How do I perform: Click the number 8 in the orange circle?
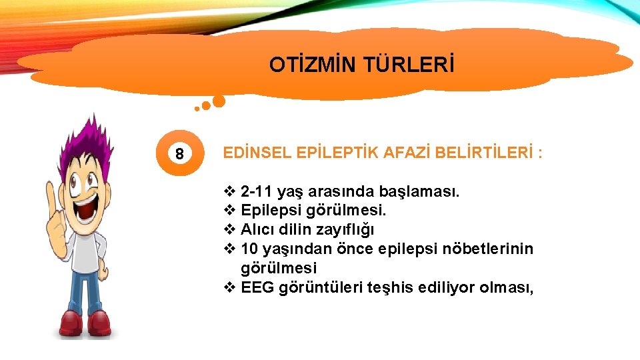(x=179, y=154)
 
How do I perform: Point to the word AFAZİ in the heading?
(x=407, y=153)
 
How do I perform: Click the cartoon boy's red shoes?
(x=83, y=323)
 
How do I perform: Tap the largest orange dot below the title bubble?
(x=218, y=101)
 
